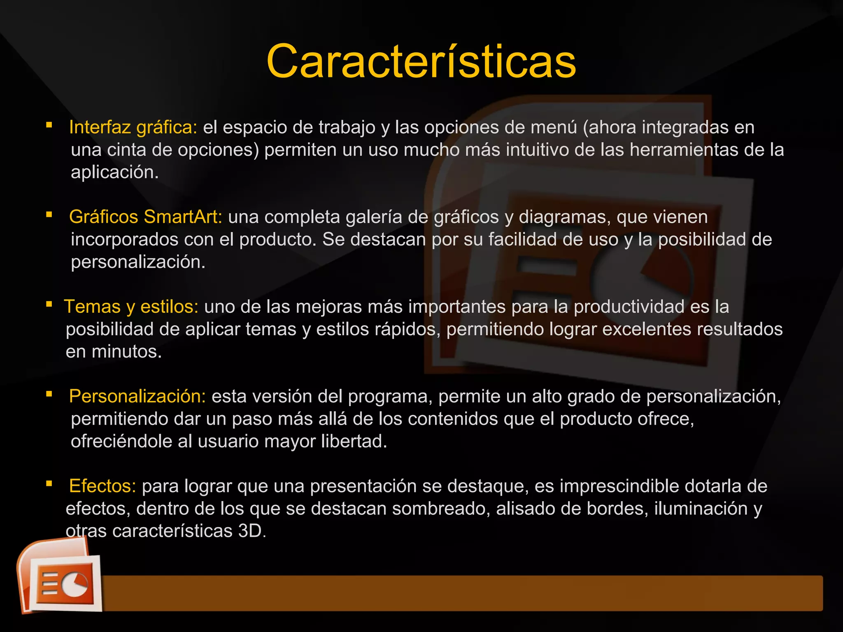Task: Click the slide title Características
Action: pos(421,62)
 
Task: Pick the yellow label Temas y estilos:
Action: pos(131,307)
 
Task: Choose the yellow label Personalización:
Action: pos(137,397)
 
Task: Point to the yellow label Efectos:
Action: pos(102,486)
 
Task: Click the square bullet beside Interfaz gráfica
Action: pos(49,125)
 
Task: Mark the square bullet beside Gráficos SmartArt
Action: pos(49,214)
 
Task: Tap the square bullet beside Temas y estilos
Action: pos(49,304)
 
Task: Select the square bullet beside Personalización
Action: pos(49,394)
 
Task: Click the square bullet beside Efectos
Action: pos(49,483)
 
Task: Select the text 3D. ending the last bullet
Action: pos(252,531)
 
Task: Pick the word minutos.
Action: pos(126,352)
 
